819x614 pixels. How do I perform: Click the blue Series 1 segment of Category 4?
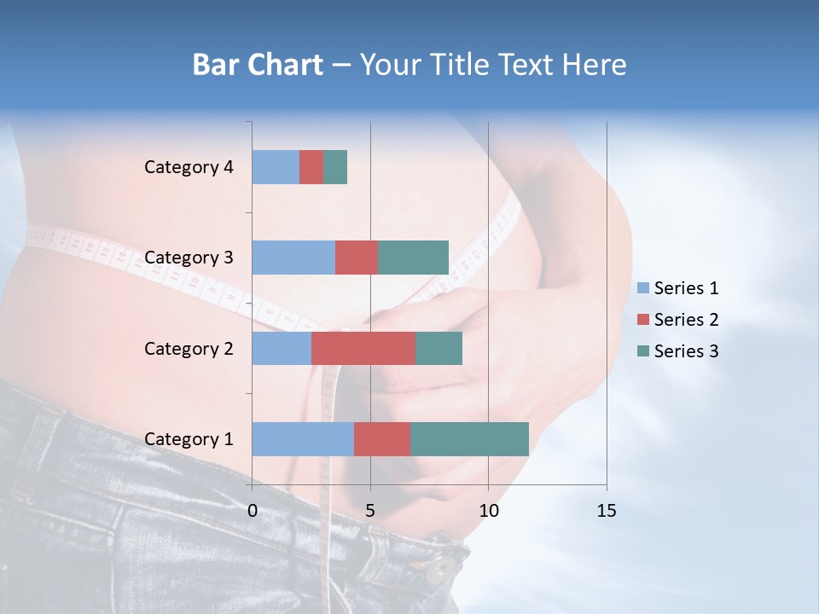click(x=276, y=167)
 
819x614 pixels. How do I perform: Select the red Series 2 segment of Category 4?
click(x=311, y=167)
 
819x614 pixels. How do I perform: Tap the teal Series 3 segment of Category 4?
click(x=335, y=167)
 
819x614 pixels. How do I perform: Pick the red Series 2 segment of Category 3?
click(x=357, y=258)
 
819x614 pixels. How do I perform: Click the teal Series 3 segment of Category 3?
click(x=413, y=258)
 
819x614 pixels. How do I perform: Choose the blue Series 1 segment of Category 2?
click(x=282, y=348)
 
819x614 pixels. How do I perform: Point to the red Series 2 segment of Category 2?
click(x=363, y=348)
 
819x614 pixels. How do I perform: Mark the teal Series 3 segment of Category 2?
click(x=439, y=348)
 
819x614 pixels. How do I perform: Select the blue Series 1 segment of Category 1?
click(x=303, y=439)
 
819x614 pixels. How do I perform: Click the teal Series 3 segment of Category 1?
click(x=469, y=439)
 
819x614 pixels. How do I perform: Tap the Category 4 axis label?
click(x=189, y=167)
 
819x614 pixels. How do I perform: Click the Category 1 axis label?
click(x=189, y=439)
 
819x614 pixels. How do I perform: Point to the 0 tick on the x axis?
click(x=253, y=511)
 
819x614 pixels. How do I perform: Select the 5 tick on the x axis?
click(x=370, y=511)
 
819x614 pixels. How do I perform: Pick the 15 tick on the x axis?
click(x=606, y=511)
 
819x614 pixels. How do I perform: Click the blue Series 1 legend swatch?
click(x=643, y=288)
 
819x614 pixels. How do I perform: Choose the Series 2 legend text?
click(x=686, y=320)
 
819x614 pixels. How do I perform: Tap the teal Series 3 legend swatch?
click(x=643, y=351)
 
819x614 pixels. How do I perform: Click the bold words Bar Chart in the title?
click(x=258, y=65)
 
